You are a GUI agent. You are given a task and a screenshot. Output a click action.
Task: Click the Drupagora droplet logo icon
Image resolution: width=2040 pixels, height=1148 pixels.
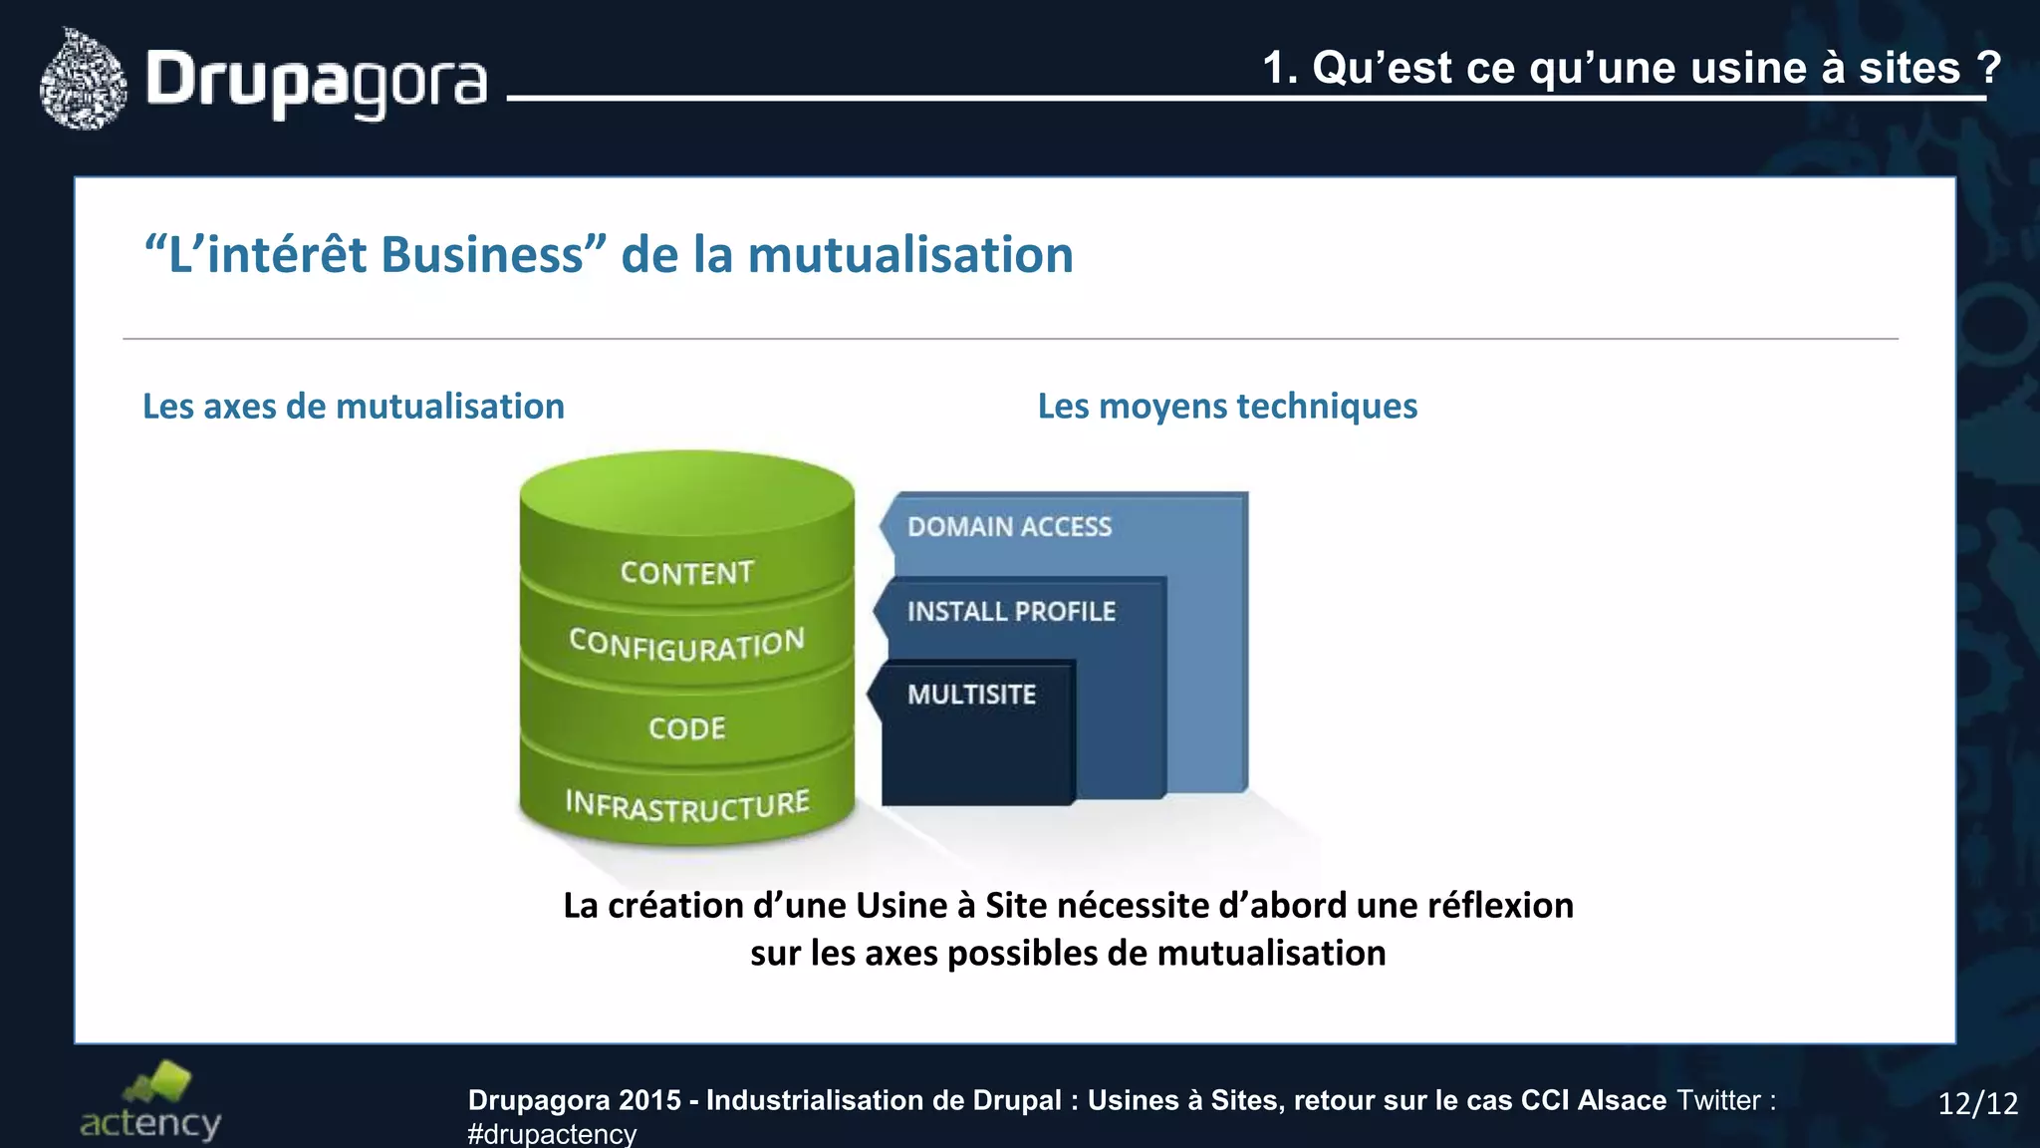[x=84, y=80]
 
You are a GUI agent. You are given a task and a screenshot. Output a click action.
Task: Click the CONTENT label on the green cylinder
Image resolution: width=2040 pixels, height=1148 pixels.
[x=687, y=573]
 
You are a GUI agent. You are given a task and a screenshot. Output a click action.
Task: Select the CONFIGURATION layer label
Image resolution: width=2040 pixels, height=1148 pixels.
[x=686, y=645]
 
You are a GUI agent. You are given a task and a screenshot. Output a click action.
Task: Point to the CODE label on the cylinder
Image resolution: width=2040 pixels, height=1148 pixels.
[x=687, y=728]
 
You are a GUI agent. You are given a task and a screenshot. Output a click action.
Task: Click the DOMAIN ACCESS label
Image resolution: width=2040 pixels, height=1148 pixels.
[x=1009, y=527]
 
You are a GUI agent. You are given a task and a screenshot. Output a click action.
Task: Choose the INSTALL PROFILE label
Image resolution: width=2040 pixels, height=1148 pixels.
[x=1011, y=611]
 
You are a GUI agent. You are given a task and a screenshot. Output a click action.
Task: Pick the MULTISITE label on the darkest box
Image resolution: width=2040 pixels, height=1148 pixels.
[x=971, y=695]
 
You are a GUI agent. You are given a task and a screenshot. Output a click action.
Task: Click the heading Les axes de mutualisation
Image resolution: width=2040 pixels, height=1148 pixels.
[x=354, y=407]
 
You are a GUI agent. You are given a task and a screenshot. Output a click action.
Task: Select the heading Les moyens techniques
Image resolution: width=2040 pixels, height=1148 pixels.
[x=1227, y=407]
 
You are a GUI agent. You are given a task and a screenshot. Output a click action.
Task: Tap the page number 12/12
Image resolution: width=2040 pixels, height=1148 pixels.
[x=1977, y=1103]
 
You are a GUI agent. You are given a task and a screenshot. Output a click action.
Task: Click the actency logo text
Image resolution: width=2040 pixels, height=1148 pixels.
[x=150, y=1123]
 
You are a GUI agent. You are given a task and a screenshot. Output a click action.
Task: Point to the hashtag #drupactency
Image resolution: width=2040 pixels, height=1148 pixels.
[x=552, y=1134]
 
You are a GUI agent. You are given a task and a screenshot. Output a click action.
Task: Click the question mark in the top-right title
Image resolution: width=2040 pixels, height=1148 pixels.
[x=1988, y=68]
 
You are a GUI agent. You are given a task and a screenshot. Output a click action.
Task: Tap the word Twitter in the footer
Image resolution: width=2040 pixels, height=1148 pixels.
[x=1719, y=1100]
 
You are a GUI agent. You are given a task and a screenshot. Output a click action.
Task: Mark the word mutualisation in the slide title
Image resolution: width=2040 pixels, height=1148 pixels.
[x=910, y=255]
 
